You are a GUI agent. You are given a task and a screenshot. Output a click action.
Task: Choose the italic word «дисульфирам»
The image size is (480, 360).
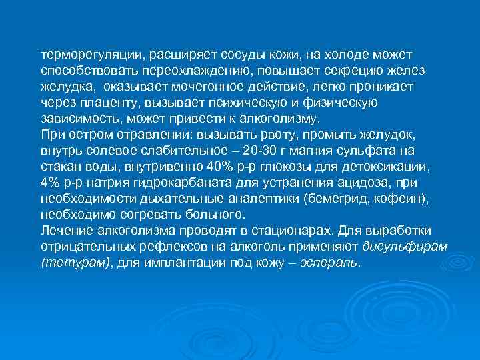(404, 247)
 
